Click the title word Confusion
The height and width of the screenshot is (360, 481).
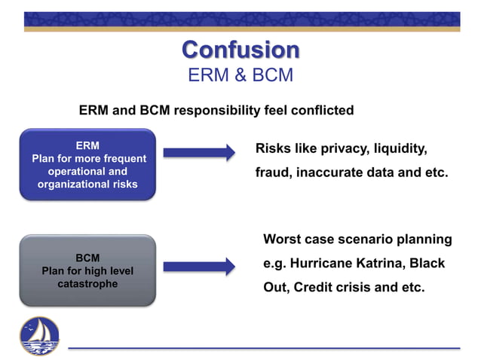[240, 50]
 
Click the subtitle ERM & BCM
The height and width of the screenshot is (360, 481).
[240, 75]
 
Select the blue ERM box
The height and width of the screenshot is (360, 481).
[87, 164]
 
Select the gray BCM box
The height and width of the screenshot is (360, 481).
[87, 270]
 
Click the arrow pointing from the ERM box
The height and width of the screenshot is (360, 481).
[199, 153]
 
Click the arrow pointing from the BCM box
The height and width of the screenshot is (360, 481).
[199, 266]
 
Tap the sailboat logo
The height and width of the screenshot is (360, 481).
[38, 335]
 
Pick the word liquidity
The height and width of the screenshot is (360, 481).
[402, 149]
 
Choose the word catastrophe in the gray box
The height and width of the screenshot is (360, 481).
[87, 285]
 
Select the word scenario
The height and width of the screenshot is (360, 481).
[363, 239]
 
